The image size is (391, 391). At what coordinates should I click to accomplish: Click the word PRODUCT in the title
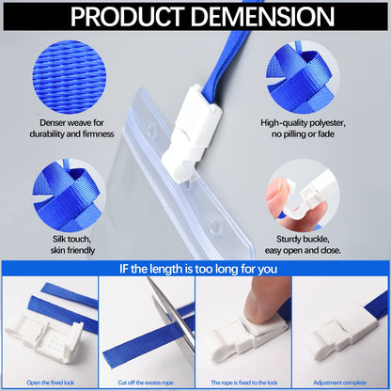(x=127, y=16)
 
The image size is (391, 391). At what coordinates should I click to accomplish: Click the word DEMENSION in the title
(x=262, y=16)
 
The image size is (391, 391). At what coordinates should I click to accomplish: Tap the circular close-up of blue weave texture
(x=69, y=77)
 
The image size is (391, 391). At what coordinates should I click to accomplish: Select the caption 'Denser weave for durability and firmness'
(x=71, y=129)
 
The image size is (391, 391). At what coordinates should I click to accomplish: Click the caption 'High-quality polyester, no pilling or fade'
(x=303, y=129)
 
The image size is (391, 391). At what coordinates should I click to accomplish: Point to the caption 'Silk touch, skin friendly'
(x=72, y=244)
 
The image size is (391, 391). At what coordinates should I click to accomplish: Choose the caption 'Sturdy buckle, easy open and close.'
(x=303, y=244)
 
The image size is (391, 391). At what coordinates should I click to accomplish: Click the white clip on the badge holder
(x=190, y=133)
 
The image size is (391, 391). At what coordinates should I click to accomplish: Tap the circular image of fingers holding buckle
(x=303, y=195)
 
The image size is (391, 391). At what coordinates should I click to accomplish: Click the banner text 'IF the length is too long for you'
(x=198, y=269)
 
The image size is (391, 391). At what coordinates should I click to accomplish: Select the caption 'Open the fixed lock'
(x=51, y=383)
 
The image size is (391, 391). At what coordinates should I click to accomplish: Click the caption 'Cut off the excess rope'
(x=146, y=383)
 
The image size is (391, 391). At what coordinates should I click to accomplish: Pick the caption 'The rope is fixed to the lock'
(x=244, y=383)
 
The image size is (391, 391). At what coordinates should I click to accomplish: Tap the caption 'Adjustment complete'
(x=339, y=383)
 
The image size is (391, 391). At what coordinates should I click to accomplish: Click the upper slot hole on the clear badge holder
(x=152, y=129)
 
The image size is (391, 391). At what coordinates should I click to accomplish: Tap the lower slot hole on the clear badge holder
(x=215, y=225)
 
